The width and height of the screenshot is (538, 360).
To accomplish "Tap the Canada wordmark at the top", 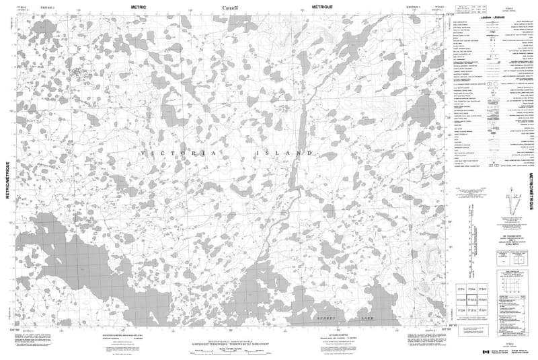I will [231, 8].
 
